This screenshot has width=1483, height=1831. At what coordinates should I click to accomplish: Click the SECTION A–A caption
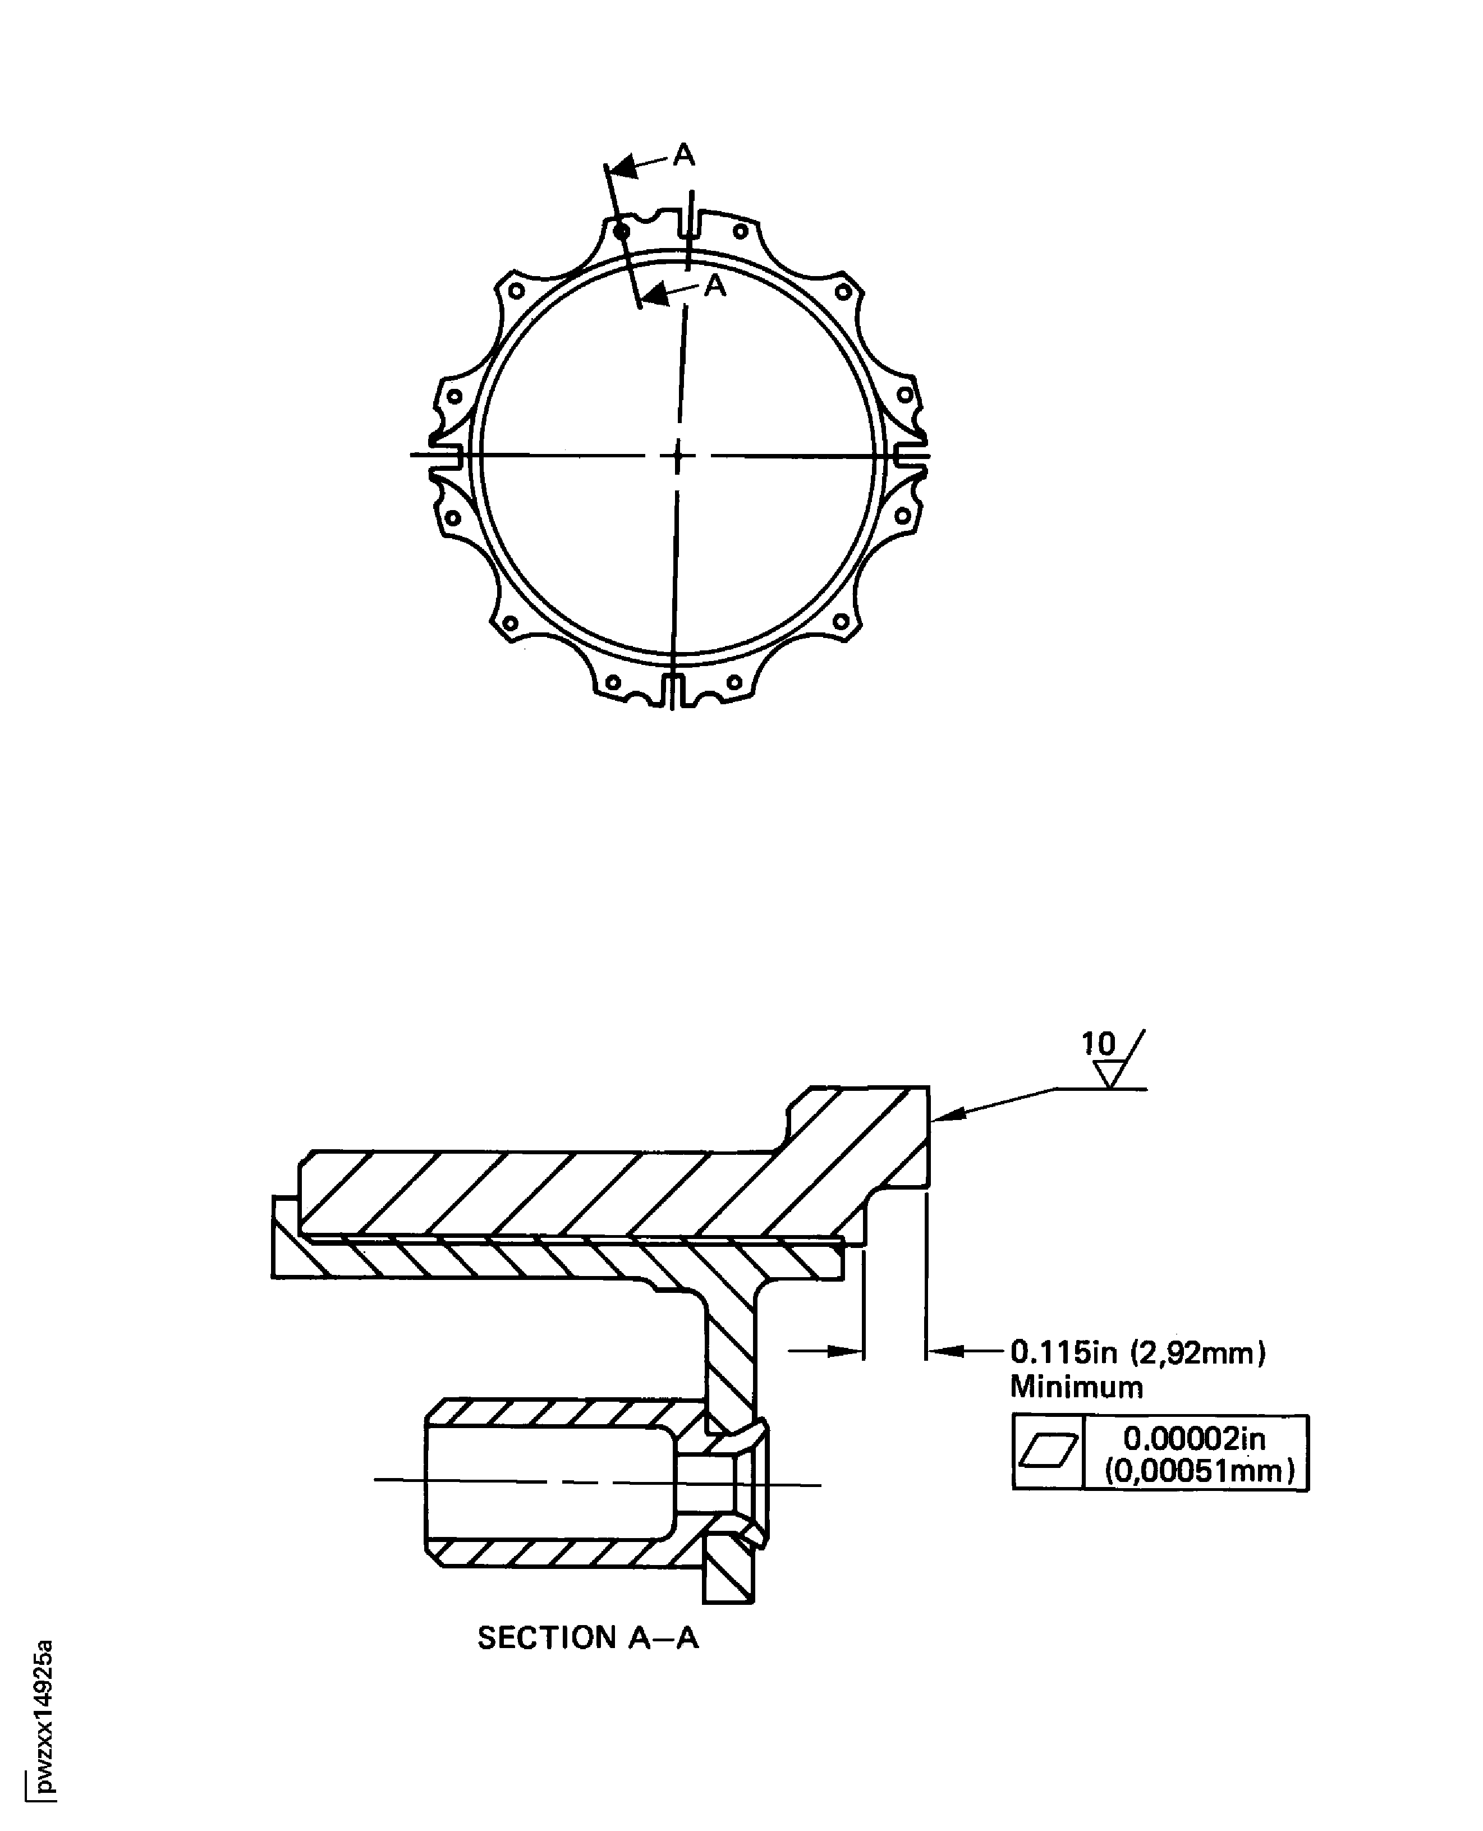tap(587, 1638)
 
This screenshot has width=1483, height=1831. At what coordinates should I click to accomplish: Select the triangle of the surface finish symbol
tap(1110, 1073)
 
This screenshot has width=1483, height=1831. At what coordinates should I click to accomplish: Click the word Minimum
tap(1076, 1387)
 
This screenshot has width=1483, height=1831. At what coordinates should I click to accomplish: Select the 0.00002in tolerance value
tap(1194, 1439)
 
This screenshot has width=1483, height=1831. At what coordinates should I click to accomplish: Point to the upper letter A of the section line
tap(684, 155)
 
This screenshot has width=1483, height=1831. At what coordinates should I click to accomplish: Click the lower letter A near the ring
tap(715, 286)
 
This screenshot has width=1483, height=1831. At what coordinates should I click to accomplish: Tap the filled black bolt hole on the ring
tap(622, 231)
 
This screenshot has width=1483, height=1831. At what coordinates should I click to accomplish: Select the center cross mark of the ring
tap(678, 456)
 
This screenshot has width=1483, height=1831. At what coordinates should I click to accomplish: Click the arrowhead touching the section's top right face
tap(947, 1114)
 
